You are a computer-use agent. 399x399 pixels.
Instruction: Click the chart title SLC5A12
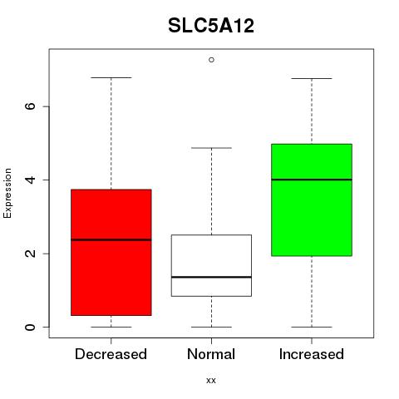pyautogui.click(x=211, y=26)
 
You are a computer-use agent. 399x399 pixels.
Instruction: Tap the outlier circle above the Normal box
pyautogui.click(x=211, y=60)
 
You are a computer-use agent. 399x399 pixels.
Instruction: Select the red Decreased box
pyautogui.click(x=111, y=253)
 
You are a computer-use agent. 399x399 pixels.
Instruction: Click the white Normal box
pyautogui.click(x=211, y=265)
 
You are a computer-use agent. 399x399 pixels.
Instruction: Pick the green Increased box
pyautogui.click(x=312, y=199)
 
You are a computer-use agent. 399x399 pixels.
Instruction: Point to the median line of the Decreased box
pyautogui.click(x=111, y=239)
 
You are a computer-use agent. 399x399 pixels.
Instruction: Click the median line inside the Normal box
pyautogui.click(x=211, y=277)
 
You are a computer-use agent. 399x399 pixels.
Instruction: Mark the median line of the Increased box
pyautogui.click(x=312, y=180)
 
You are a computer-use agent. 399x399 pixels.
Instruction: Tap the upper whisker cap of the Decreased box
pyautogui.click(x=111, y=78)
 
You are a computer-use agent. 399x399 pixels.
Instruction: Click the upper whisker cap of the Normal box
pyautogui.click(x=211, y=148)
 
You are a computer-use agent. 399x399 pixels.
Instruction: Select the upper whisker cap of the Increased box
pyautogui.click(x=312, y=78)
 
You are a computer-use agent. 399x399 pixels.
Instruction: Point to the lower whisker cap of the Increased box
pyautogui.click(x=312, y=327)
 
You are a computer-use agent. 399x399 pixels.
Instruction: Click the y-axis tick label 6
pyautogui.click(x=30, y=106)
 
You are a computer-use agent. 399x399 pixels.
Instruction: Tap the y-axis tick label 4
pyautogui.click(x=30, y=180)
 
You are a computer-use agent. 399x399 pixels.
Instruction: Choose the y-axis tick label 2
pyautogui.click(x=30, y=254)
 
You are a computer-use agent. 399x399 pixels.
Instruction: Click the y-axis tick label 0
pyautogui.click(x=30, y=327)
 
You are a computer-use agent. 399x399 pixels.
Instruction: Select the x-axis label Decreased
pyautogui.click(x=111, y=354)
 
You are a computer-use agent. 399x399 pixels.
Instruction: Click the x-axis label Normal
pyautogui.click(x=211, y=354)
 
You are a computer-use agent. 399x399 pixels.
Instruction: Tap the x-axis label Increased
pyautogui.click(x=312, y=354)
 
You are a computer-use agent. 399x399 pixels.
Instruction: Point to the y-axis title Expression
pyautogui.click(x=7, y=193)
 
